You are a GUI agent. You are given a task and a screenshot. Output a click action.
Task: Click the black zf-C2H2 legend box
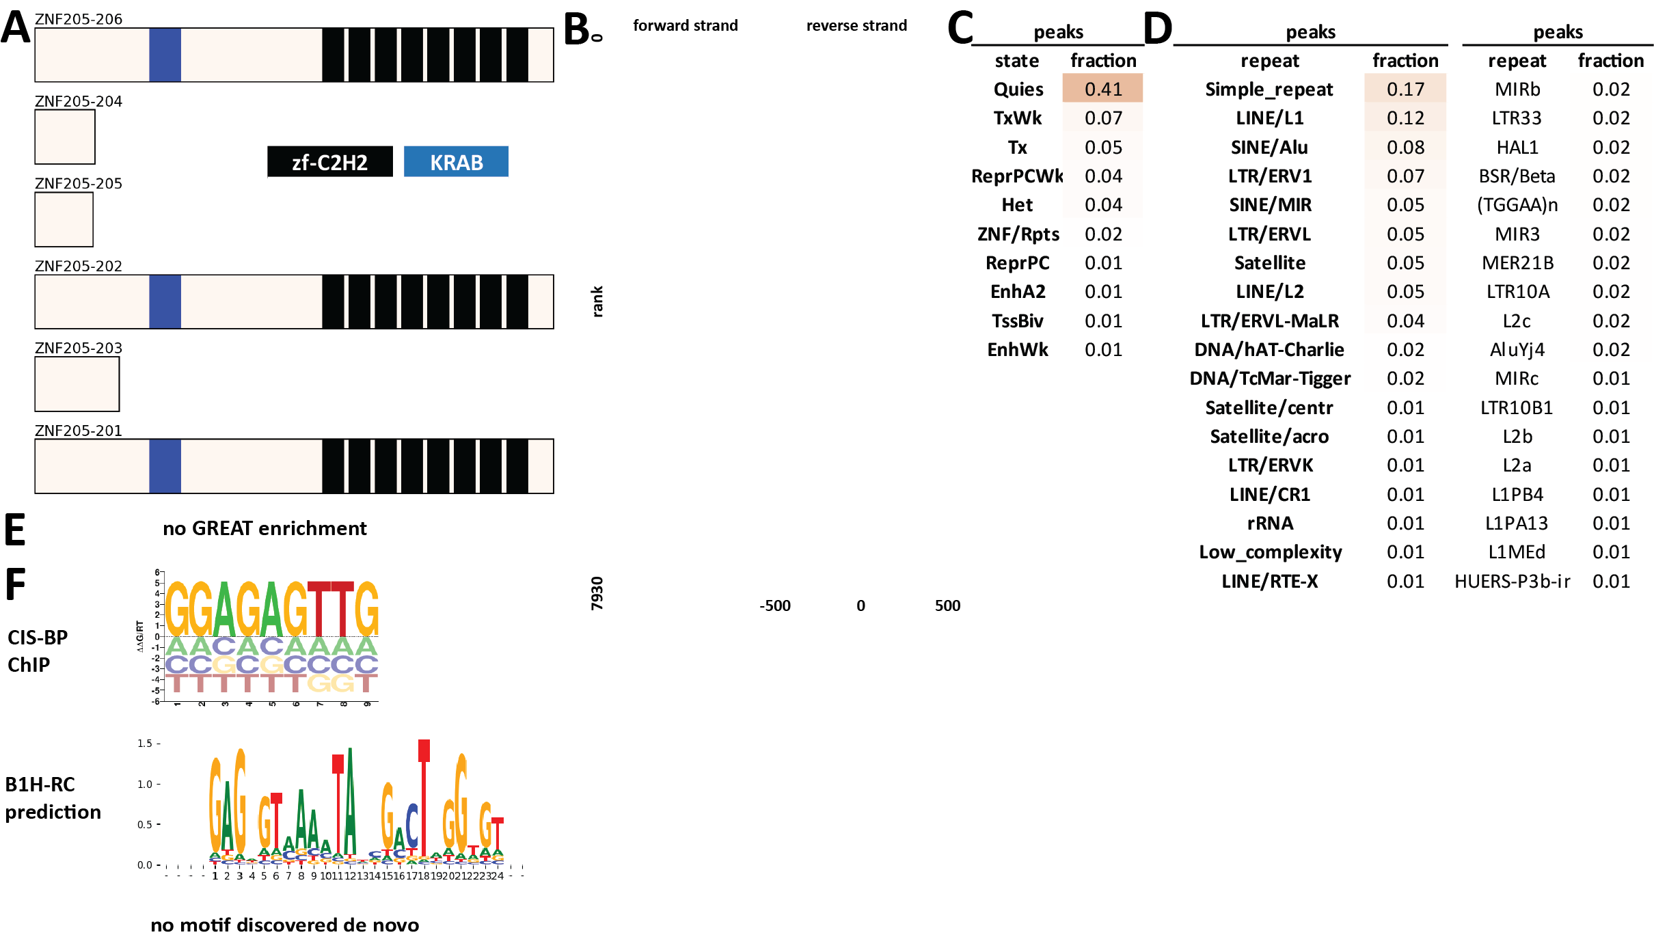pyautogui.click(x=329, y=162)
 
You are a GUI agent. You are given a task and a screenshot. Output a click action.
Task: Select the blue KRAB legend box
pyautogui.click(x=456, y=162)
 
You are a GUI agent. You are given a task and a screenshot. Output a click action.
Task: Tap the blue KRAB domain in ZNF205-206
pyautogui.click(x=165, y=55)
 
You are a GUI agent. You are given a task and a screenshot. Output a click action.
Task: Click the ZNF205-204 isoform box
pyautogui.click(x=65, y=137)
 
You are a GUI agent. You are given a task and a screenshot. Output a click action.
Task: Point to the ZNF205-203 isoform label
pyautogui.click(x=79, y=348)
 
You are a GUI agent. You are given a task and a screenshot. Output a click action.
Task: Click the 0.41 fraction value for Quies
pyautogui.click(x=1102, y=89)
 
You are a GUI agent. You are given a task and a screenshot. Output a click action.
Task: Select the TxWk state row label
pyautogui.click(x=1017, y=118)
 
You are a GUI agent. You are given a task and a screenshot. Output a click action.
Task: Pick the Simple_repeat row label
pyautogui.click(x=1269, y=89)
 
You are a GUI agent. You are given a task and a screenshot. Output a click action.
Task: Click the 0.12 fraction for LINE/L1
pyautogui.click(x=1405, y=118)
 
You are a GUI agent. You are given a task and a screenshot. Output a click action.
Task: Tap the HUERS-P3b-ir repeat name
pyautogui.click(x=1512, y=581)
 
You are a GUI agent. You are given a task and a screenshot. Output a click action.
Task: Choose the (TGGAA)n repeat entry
pyautogui.click(x=1517, y=204)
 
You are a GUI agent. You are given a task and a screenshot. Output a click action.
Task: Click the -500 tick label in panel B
pyautogui.click(x=774, y=605)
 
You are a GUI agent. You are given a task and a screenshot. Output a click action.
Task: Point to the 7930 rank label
pyautogui.click(x=597, y=593)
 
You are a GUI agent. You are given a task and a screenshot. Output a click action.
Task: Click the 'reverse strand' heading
pyautogui.click(x=856, y=25)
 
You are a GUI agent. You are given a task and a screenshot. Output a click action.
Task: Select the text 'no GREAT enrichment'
pyautogui.click(x=265, y=528)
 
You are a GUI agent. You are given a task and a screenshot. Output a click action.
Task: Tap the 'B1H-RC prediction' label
pyautogui.click(x=53, y=798)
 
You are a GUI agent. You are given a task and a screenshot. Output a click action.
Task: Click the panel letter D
pyautogui.click(x=1158, y=29)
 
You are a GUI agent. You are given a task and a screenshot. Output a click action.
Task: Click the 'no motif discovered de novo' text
pyautogui.click(x=284, y=925)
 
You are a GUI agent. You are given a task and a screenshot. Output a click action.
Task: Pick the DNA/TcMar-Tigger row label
pyautogui.click(x=1270, y=378)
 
